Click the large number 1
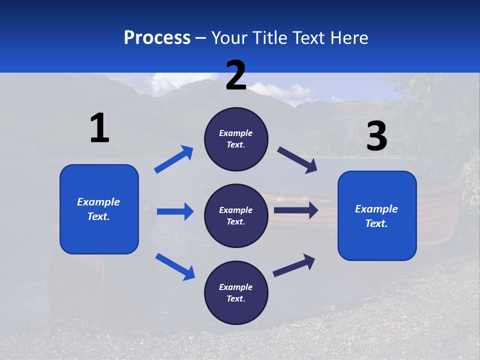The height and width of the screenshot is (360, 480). click(x=99, y=128)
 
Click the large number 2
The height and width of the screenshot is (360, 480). click(x=236, y=75)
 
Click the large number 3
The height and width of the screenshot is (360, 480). click(x=376, y=136)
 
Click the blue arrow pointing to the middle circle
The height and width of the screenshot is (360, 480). click(x=175, y=211)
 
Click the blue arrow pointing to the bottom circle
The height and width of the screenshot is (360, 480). click(x=175, y=266)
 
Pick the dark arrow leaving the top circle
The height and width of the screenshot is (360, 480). click(x=297, y=159)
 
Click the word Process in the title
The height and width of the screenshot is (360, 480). click(x=157, y=37)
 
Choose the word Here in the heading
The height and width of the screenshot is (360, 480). click(x=348, y=37)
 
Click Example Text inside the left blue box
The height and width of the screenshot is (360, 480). click(x=98, y=209)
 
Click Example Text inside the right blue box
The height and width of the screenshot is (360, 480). click(x=376, y=216)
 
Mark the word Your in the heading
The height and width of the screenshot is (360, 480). click(x=229, y=37)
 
